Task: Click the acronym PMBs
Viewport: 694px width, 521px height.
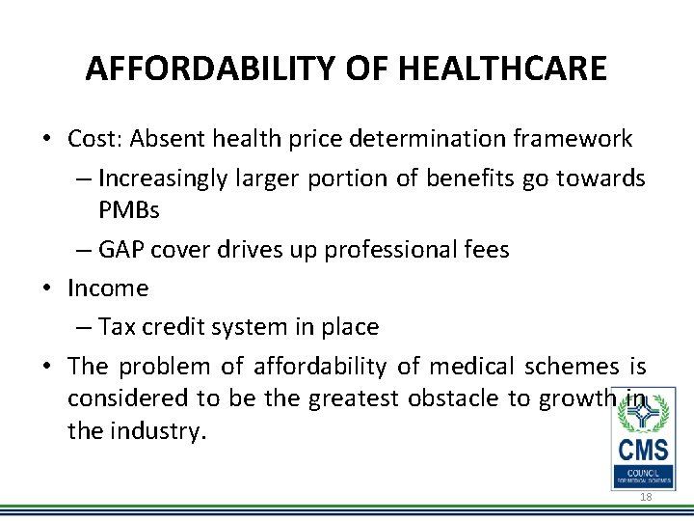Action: pos(128,209)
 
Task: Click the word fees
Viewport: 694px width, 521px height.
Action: pos(485,249)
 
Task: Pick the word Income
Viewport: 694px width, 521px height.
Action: pos(108,288)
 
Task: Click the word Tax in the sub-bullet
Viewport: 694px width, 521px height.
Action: pos(116,327)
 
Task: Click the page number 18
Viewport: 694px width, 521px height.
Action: pos(646,496)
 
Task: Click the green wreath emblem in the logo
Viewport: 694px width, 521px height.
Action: pos(643,413)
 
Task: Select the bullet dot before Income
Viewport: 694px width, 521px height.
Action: pos(47,288)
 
